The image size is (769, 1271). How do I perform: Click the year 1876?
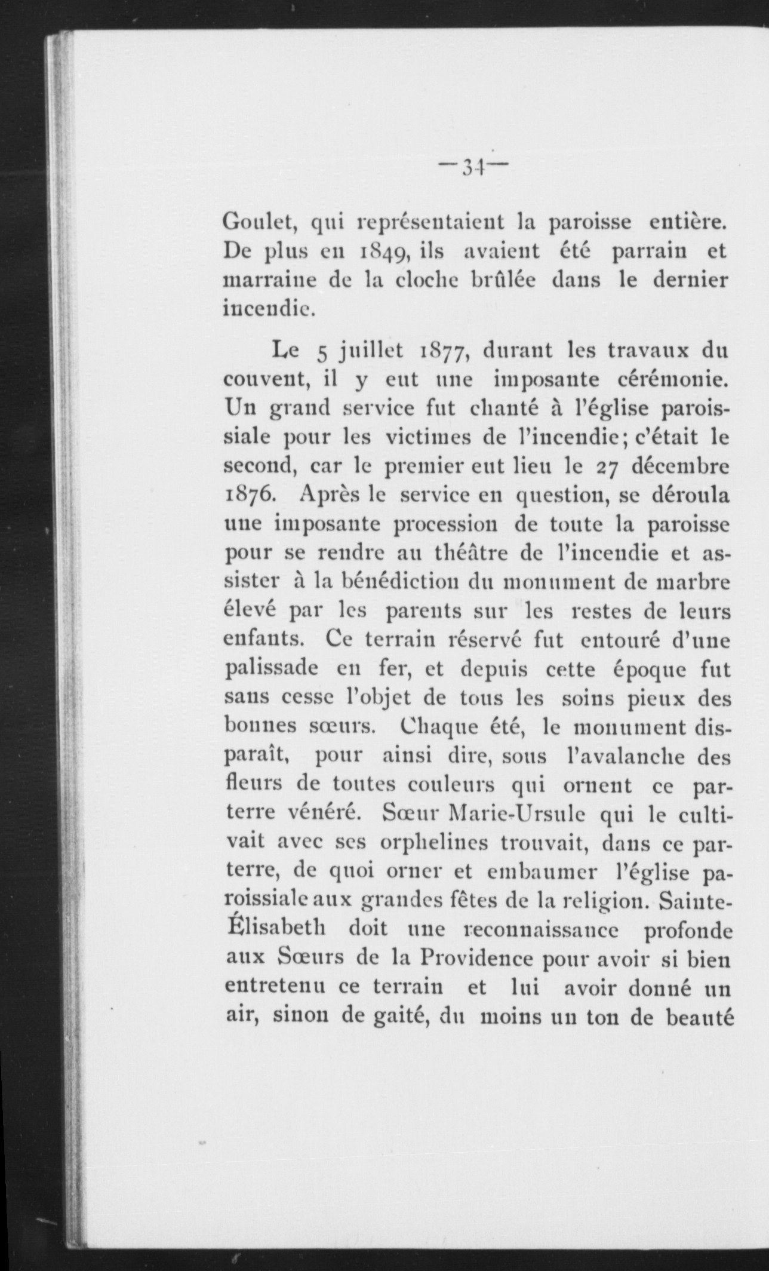tap(250, 495)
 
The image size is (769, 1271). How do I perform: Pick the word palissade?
tap(270, 670)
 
